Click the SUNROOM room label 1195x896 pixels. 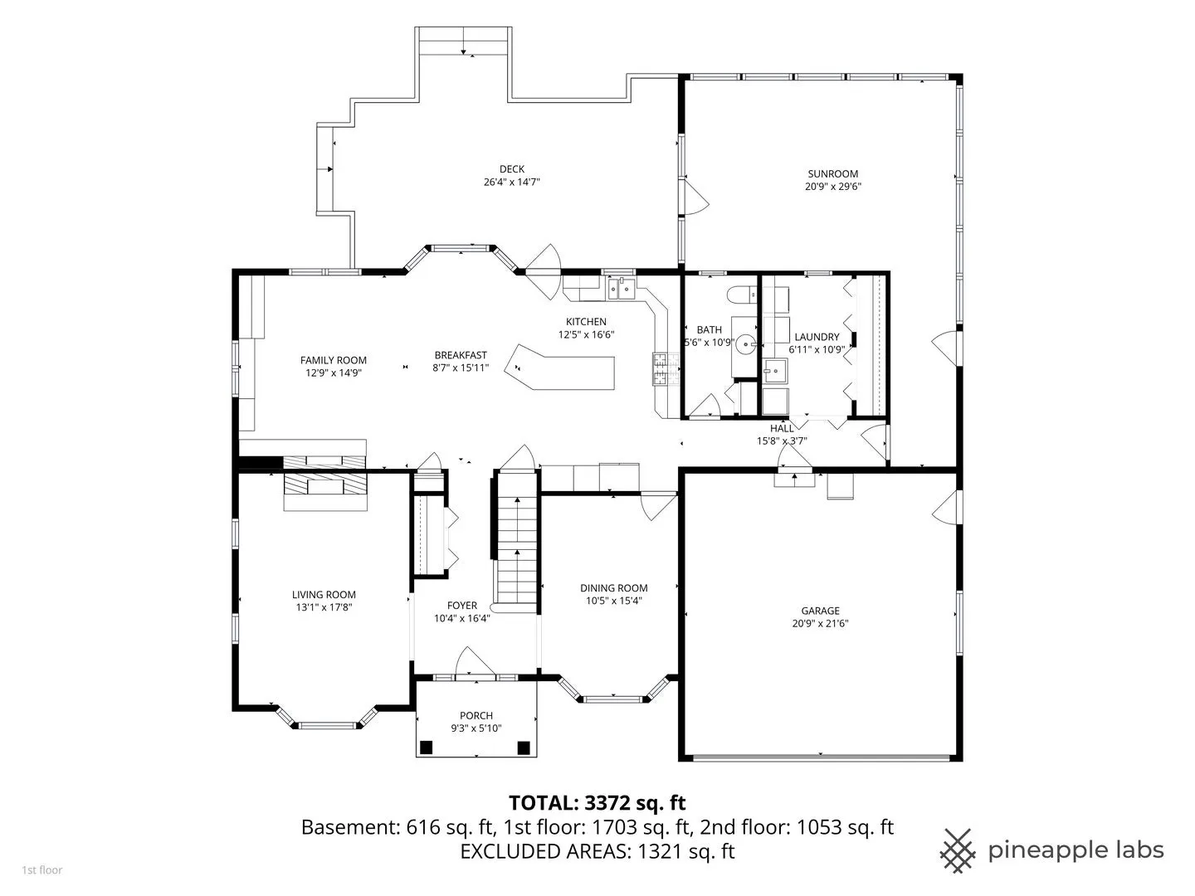coord(832,174)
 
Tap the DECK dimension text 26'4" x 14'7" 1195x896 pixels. coord(511,183)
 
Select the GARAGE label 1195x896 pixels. coord(820,611)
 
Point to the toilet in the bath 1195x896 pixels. coord(742,295)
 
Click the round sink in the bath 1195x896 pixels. coord(745,344)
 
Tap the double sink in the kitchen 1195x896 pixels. coord(622,289)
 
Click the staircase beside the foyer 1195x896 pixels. coord(517,544)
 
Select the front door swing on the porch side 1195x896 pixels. coord(475,662)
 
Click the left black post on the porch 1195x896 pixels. coord(427,747)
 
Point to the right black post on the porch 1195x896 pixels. coord(523,747)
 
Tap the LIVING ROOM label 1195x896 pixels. coord(324,595)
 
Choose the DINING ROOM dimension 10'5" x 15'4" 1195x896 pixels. coord(613,601)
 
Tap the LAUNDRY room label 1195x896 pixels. coord(817,338)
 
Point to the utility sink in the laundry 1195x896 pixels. coord(775,371)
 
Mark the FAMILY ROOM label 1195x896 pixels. coord(333,360)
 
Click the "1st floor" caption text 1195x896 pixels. coord(42,870)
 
